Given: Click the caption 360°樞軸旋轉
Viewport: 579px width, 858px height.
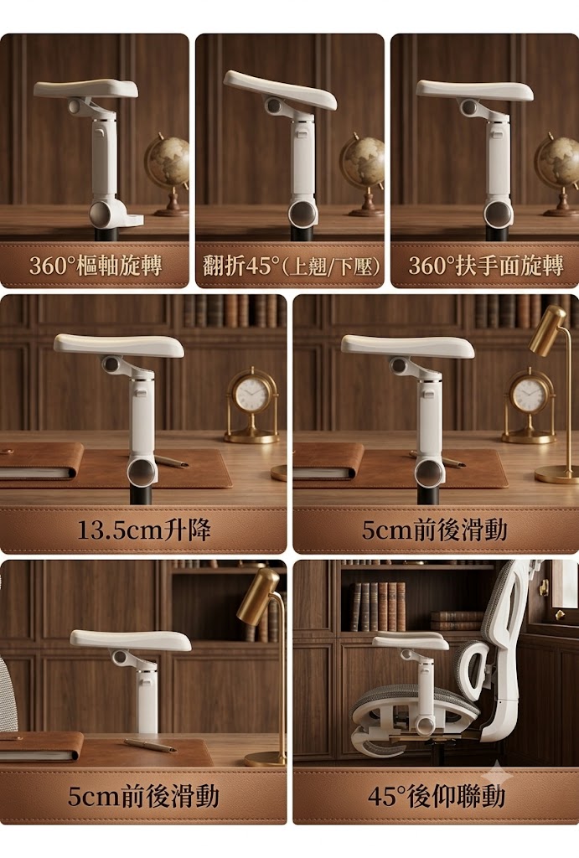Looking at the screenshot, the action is point(96,266).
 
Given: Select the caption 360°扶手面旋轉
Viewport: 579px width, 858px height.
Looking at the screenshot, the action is point(485,266).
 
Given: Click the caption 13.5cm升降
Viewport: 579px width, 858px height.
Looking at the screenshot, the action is point(143,530).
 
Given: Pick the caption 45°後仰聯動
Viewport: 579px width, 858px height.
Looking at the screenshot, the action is point(437,796).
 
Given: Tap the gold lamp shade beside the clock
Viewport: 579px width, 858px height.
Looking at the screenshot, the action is point(548,331).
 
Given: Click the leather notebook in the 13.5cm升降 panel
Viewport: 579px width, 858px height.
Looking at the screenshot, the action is point(41,462).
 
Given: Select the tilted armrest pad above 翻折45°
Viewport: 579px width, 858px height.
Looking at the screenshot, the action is point(280,89).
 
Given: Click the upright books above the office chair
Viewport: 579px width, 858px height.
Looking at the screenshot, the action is point(378,607).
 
